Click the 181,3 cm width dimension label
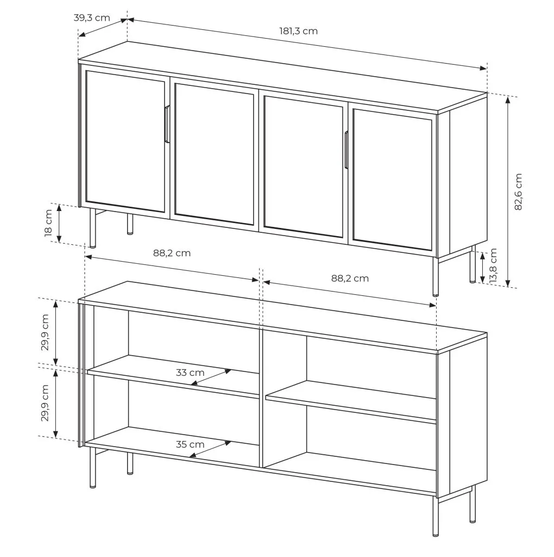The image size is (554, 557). [298, 31]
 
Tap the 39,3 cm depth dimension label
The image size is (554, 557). [92, 18]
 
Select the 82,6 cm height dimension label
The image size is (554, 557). [518, 192]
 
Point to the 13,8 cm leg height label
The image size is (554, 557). [493, 265]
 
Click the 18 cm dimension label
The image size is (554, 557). [48, 223]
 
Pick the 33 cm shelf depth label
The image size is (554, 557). [190, 373]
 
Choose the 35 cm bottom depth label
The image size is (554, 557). [190, 444]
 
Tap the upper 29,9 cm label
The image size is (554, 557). [45, 332]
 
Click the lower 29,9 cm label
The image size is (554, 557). [45, 403]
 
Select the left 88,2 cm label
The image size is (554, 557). [172, 253]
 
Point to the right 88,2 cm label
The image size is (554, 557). [350, 278]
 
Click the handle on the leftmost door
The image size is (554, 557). [167, 125]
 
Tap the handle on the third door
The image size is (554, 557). [346, 150]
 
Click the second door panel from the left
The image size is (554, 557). [215, 154]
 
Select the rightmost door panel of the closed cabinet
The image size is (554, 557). [393, 180]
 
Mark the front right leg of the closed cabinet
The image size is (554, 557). [436, 276]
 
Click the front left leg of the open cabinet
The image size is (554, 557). [92, 467]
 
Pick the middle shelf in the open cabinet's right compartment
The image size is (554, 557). [351, 401]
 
